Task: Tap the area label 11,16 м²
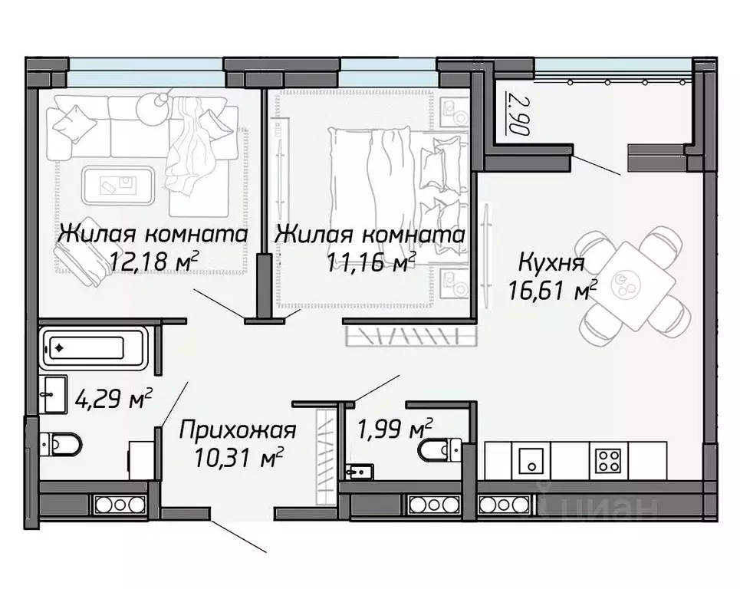point(371,263)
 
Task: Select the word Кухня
point(551,263)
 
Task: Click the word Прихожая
point(237,431)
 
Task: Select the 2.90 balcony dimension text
point(518,114)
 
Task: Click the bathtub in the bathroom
point(84,348)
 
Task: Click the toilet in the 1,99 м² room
point(439,450)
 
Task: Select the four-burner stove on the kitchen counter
point(609,461)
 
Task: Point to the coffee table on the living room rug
point(120,183)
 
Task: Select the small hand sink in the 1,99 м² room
point(359,470)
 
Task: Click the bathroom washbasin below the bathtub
point(53,393)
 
